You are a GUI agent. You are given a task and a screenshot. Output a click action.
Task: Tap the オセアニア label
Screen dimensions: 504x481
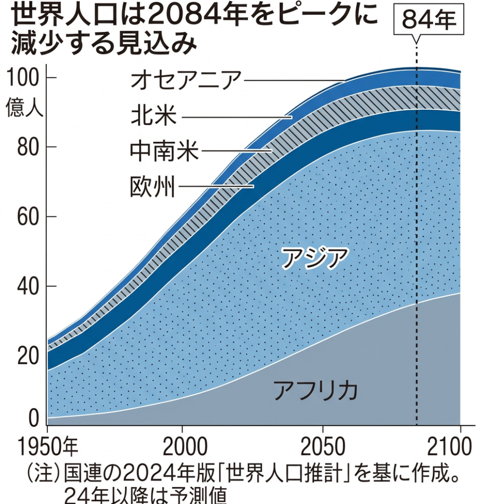click(x=186, y=80)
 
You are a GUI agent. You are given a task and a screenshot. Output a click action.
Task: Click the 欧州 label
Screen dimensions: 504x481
click(x=153, y=187)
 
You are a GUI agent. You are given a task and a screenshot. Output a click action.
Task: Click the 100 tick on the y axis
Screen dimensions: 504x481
click(x=25, y=79)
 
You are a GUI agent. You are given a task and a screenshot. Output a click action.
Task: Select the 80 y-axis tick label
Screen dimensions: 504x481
click(x=28, y=148)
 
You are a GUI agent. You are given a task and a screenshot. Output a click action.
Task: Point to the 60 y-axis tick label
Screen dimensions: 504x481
click(x=28, y=217)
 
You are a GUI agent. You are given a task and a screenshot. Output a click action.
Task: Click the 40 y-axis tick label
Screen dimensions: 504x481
click(x=28, y=286)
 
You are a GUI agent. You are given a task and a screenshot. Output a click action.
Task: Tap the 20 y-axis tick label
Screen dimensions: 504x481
click(x=28, y=356)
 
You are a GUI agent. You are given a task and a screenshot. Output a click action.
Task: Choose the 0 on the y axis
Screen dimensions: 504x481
click(x=33, y=419)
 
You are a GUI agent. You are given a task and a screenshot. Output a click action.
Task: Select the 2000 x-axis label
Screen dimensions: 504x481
click(x=183, y=447)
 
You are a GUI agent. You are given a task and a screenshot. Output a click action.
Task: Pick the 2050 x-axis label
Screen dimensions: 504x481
click(x=323, y=447)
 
